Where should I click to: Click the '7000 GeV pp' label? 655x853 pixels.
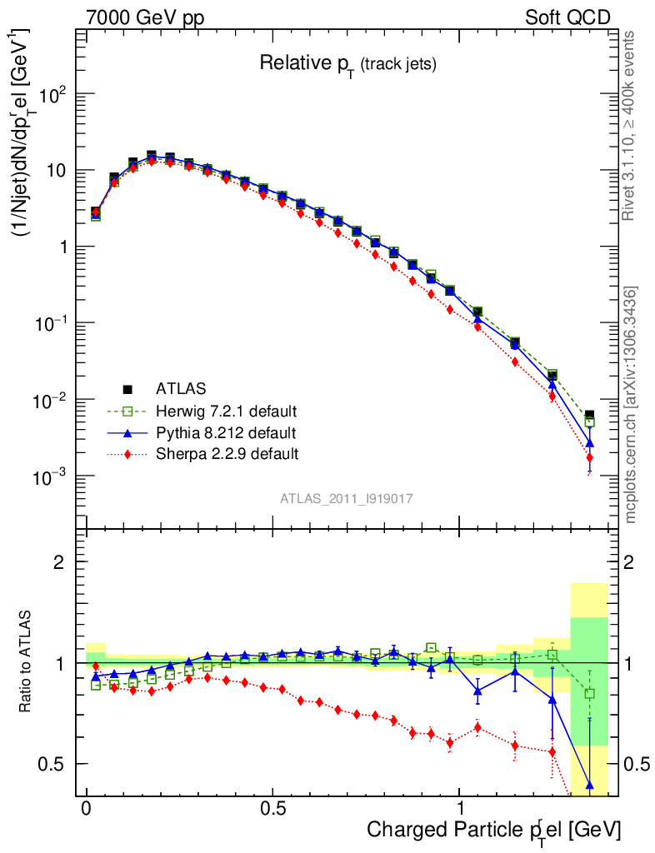[145, 17]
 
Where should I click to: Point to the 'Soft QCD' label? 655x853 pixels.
[568, 17]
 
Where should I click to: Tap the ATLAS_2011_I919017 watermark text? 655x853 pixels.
[347, 498]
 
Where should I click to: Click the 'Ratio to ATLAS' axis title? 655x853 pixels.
[27, 663]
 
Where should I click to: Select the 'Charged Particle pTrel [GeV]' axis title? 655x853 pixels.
[493, 831]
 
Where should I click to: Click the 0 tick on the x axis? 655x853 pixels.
[86, 809]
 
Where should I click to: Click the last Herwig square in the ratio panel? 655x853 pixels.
[589, 694]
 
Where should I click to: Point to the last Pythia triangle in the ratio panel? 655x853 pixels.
[589, 784]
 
